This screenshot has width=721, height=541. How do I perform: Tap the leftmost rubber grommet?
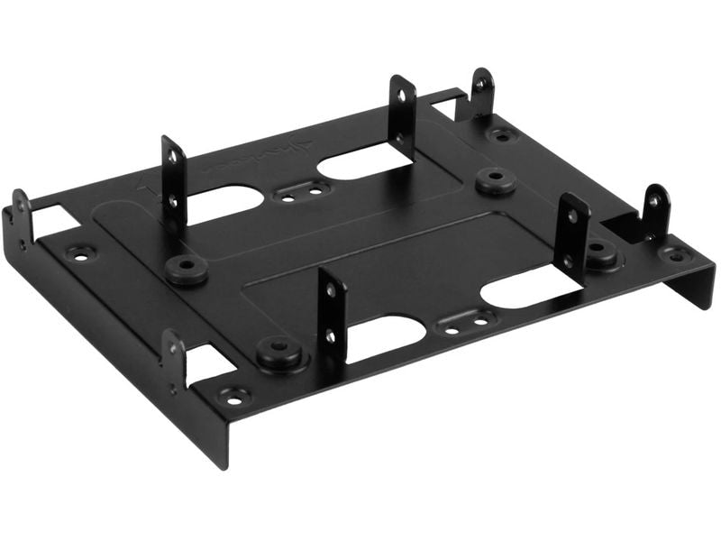pos(187,269)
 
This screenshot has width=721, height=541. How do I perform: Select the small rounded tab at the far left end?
pos(21,216)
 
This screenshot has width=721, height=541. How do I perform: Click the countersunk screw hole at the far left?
pos(80,254)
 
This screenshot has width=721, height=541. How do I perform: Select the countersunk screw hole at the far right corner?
pos(675,253)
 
